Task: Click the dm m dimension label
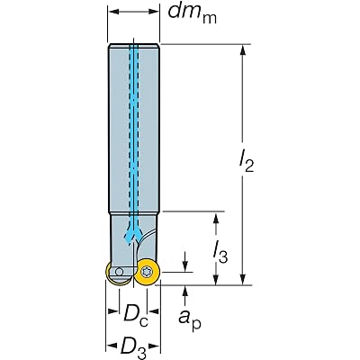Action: click(x=192, y=13)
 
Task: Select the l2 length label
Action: click(x=247, y=161)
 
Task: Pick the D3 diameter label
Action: click(x=132, y=347)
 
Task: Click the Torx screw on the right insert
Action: click(x=148, y=273)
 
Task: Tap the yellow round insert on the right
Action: click(x=148, y=273)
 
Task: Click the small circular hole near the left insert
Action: click(x=119, y=272)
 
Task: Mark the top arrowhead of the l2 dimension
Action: click(x=243, y=50)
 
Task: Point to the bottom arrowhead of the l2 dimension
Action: click(x=243, y=280)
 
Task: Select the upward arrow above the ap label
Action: click(x=185, y=295)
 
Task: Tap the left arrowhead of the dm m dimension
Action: click(x=113, y=12)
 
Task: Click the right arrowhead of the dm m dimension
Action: click(x=153, y=12)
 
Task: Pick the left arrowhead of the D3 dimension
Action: click(x=112, y=346)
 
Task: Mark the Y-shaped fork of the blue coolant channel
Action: click(x=133, y=234)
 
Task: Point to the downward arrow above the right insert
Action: click(x=185, y=262)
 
